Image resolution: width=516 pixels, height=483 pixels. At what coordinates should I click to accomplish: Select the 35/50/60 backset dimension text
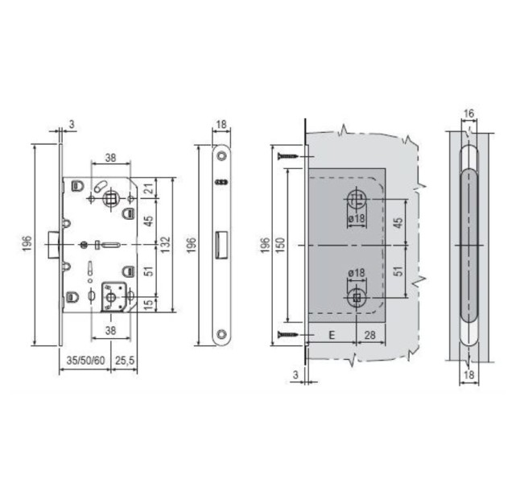(85, 361)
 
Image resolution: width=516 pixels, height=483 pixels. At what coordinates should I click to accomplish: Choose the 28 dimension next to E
(369, 335)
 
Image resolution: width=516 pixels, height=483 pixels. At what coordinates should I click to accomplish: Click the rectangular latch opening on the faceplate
(221, 242)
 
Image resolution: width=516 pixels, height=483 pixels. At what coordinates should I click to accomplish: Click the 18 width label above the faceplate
(221, 125)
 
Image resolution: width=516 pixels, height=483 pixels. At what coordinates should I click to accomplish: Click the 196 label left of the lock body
(27, 242)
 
